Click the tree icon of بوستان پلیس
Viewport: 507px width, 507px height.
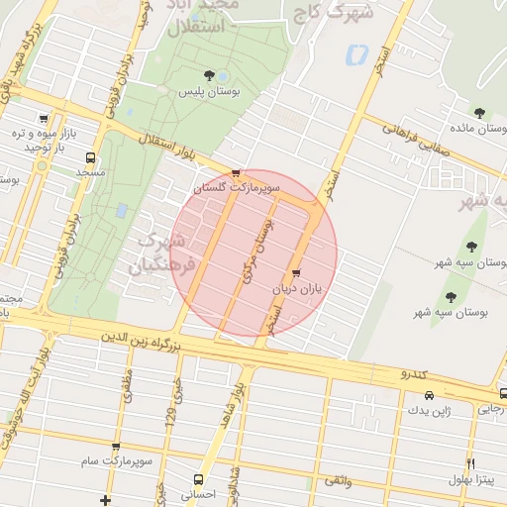tap(208, 75)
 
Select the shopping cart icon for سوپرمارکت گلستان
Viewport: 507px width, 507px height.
tap(235, 172)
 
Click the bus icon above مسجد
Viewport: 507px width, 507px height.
tap(91, 157)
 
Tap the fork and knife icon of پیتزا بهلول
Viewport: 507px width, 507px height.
tap(469, 463)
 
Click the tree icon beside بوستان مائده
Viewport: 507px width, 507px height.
tap(480, 113)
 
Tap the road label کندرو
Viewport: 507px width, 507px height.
tap(413, 373)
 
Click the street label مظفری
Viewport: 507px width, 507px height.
tap(128, 385)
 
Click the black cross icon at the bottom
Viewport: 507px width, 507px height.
tap(107, 499)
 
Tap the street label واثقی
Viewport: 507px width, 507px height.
tap(365, 479)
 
